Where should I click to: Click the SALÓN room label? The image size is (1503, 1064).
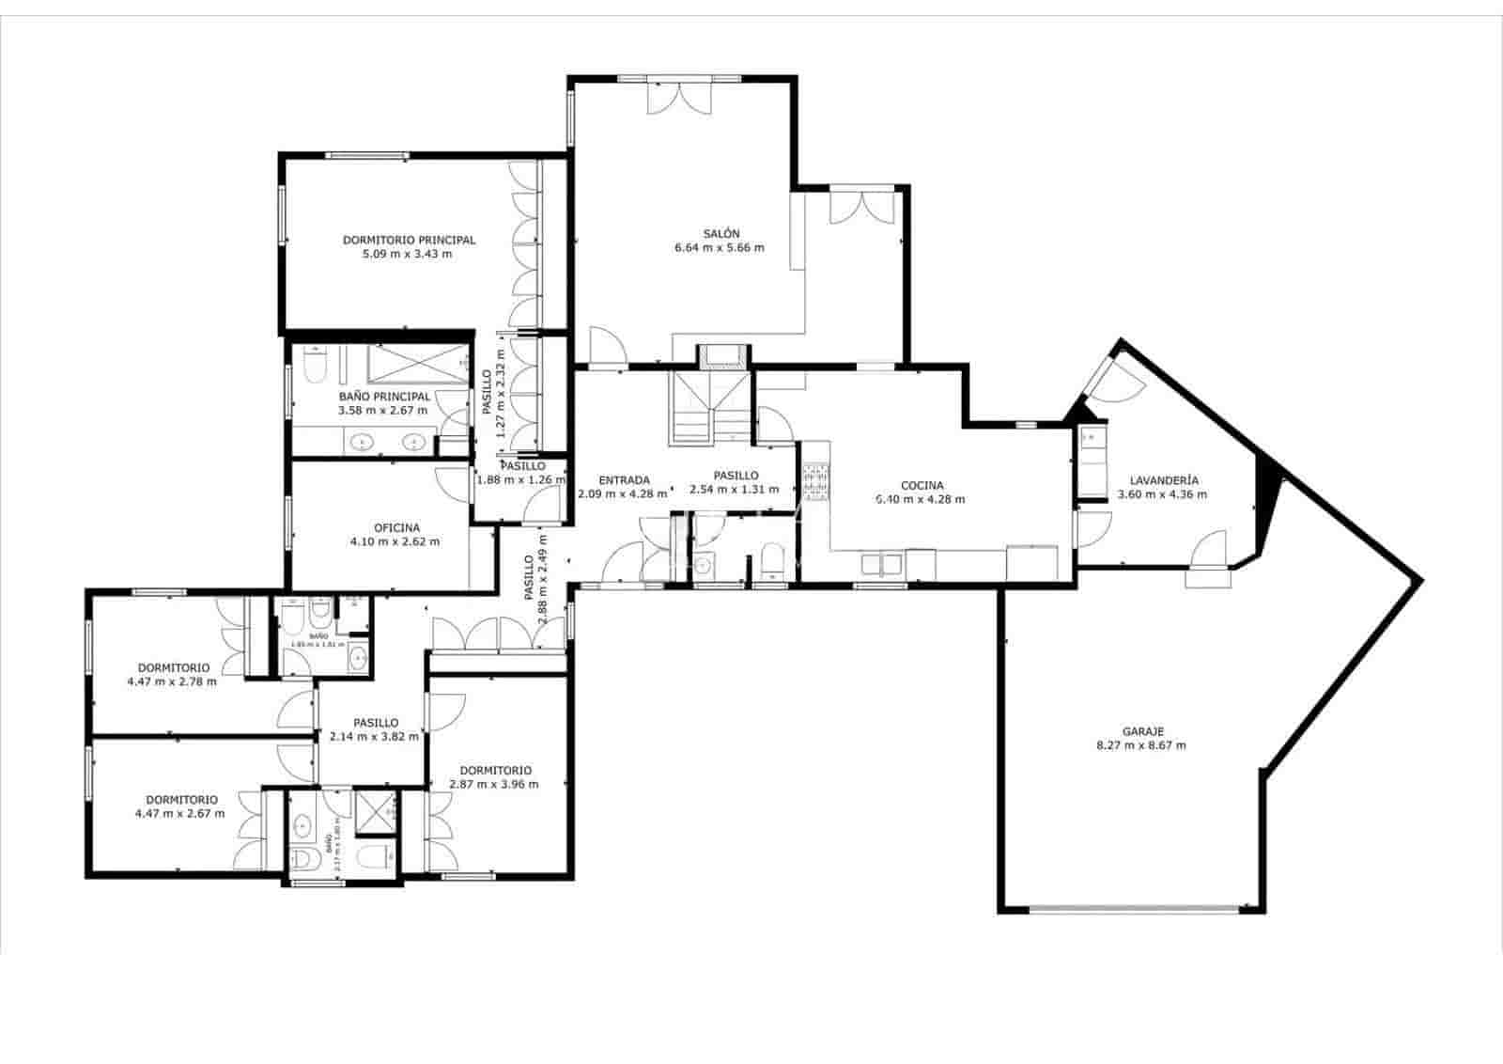[721, 233]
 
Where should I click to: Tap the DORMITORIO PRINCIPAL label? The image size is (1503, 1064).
[409, 240]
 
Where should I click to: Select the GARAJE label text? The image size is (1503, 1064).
[1142, 730]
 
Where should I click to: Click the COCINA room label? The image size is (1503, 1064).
[922, 486]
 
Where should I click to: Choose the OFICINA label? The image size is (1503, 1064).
[396, 527]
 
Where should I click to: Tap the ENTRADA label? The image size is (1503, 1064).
[624, 479]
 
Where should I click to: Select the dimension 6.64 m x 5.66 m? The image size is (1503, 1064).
[720, 248]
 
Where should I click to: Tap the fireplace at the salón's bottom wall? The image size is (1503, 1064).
[722, 355]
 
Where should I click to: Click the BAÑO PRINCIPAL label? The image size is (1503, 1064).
[384, 397]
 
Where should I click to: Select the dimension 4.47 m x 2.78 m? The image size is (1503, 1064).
[171, 681]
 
